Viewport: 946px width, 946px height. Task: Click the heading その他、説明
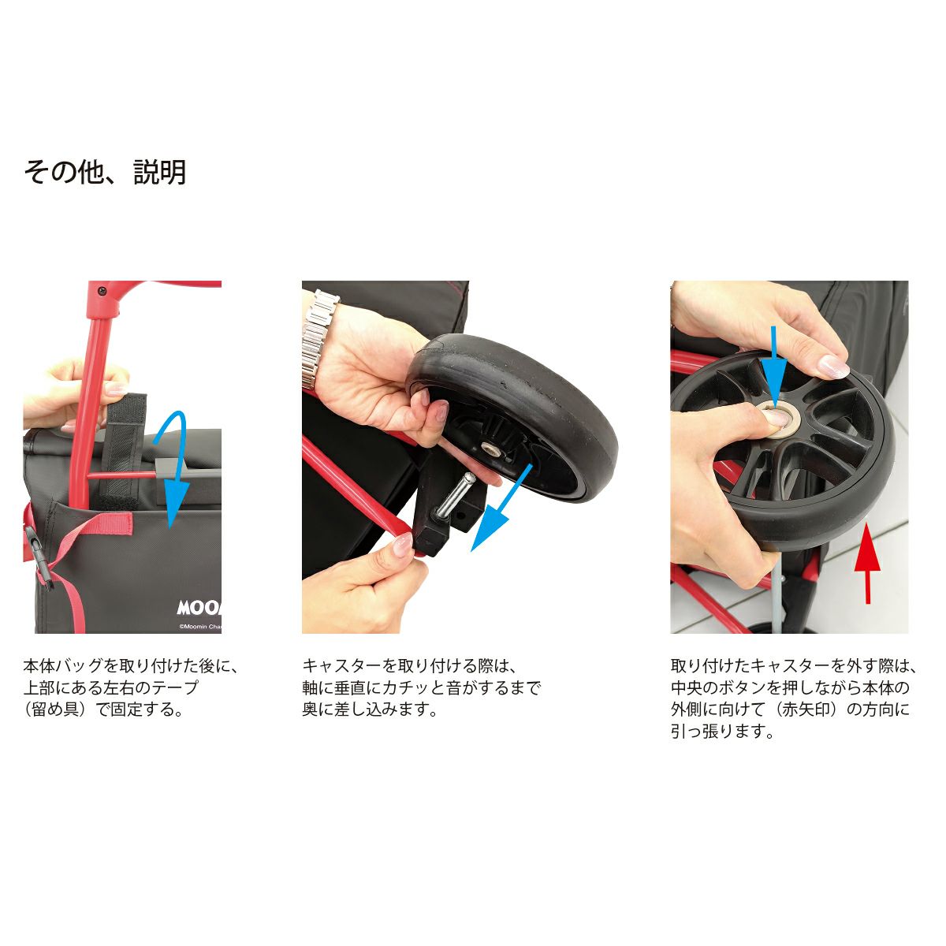coord(105,173)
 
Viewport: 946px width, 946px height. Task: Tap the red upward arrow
coord(867,563)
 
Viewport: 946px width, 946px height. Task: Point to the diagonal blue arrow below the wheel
coord(501,508)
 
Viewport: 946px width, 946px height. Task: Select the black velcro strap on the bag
coord(121,452)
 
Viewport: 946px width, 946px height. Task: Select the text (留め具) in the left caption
coord(59,709)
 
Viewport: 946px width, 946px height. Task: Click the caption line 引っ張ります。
coord(723,732)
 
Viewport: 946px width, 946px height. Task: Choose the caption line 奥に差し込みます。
coord(370,709)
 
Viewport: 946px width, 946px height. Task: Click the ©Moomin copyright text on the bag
coord(199,627)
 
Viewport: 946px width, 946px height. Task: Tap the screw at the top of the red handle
coord(103,290)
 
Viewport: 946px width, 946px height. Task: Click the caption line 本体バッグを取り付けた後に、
coord(131,666)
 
